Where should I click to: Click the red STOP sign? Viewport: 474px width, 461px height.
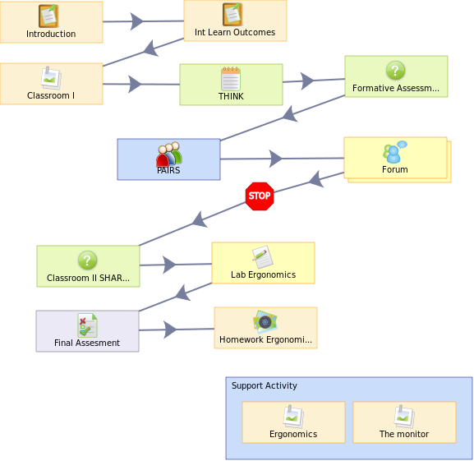[260, 196]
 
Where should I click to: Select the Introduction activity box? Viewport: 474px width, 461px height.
[52, 22]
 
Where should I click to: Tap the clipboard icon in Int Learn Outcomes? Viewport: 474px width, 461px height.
[232, 14]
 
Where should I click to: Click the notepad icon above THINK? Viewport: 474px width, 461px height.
[231, 79]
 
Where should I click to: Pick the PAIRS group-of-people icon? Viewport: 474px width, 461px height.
[169, 154]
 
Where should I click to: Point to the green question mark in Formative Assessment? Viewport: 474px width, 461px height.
[395, 71]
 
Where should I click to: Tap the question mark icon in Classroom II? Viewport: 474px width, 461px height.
[87, 260]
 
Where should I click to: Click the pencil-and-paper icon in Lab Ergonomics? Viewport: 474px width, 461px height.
[262, 257]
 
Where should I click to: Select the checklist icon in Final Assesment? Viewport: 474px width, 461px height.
[87, 325]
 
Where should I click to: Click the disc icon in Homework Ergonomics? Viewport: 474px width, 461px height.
[265, 321]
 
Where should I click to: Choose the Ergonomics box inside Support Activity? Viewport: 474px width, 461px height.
[293, 422]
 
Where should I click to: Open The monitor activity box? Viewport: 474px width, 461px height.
[404, 422]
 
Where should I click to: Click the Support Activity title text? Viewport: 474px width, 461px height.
[265, 385]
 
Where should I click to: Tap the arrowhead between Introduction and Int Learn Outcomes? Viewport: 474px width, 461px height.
[136, 21]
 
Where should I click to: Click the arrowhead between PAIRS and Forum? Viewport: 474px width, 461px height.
[275, 159]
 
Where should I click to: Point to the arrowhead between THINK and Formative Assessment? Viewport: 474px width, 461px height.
[308, 81]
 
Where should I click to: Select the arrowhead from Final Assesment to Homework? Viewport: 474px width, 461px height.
[171, 330]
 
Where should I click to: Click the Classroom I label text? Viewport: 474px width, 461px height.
[51, 95]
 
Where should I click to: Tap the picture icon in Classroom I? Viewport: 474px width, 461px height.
[51, 78]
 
